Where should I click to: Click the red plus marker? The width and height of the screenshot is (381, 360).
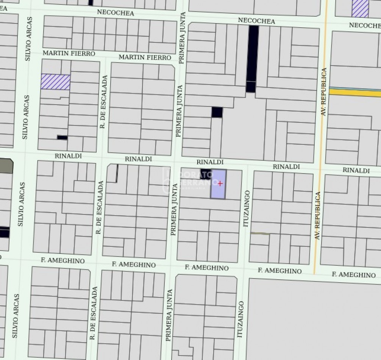point(220,183)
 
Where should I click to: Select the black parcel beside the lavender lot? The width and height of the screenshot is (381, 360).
point(206,173)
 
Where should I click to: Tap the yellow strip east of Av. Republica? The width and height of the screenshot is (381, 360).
point(354,92)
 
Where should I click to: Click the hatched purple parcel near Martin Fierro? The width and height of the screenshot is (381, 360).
point(55,81)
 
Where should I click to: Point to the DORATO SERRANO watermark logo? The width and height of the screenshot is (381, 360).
point(191,180)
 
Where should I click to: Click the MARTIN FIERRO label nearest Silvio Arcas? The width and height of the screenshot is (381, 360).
point(69,53)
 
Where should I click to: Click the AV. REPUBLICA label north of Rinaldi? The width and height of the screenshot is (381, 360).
point(323,91)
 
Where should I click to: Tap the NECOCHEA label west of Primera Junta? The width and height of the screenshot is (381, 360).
point(116,13)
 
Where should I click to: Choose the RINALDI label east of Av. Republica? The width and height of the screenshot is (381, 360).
point(356,171)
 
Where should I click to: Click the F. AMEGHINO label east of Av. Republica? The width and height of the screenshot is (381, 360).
point(354,274)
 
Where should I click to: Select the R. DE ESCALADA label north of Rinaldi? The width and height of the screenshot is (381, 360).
point(104,102)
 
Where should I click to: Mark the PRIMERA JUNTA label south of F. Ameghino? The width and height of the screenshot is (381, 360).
point(169,315)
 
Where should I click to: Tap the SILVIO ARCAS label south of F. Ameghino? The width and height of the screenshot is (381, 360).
point(16,315)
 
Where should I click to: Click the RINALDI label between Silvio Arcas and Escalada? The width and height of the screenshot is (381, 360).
point(68,156)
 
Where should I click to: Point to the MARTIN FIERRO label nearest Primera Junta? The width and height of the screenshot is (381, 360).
point(145,57)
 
